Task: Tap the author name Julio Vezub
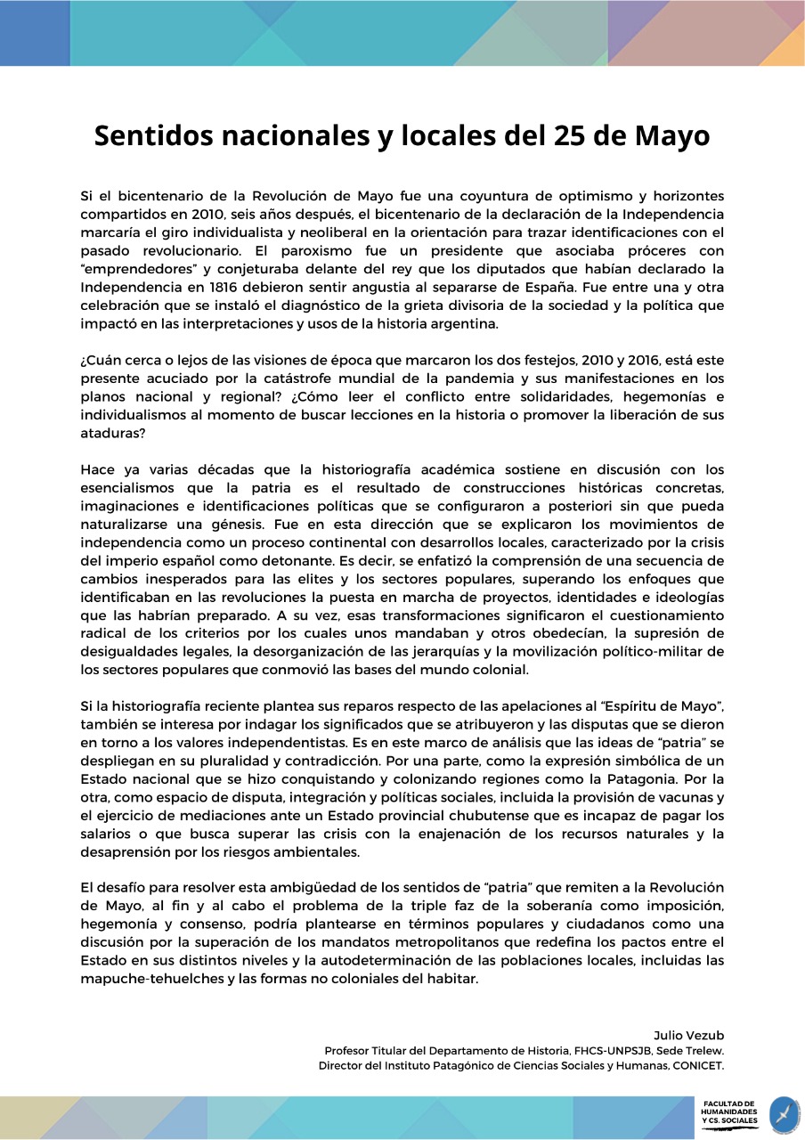[x=688, y=1035]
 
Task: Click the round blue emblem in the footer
[x=785, y=1115]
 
